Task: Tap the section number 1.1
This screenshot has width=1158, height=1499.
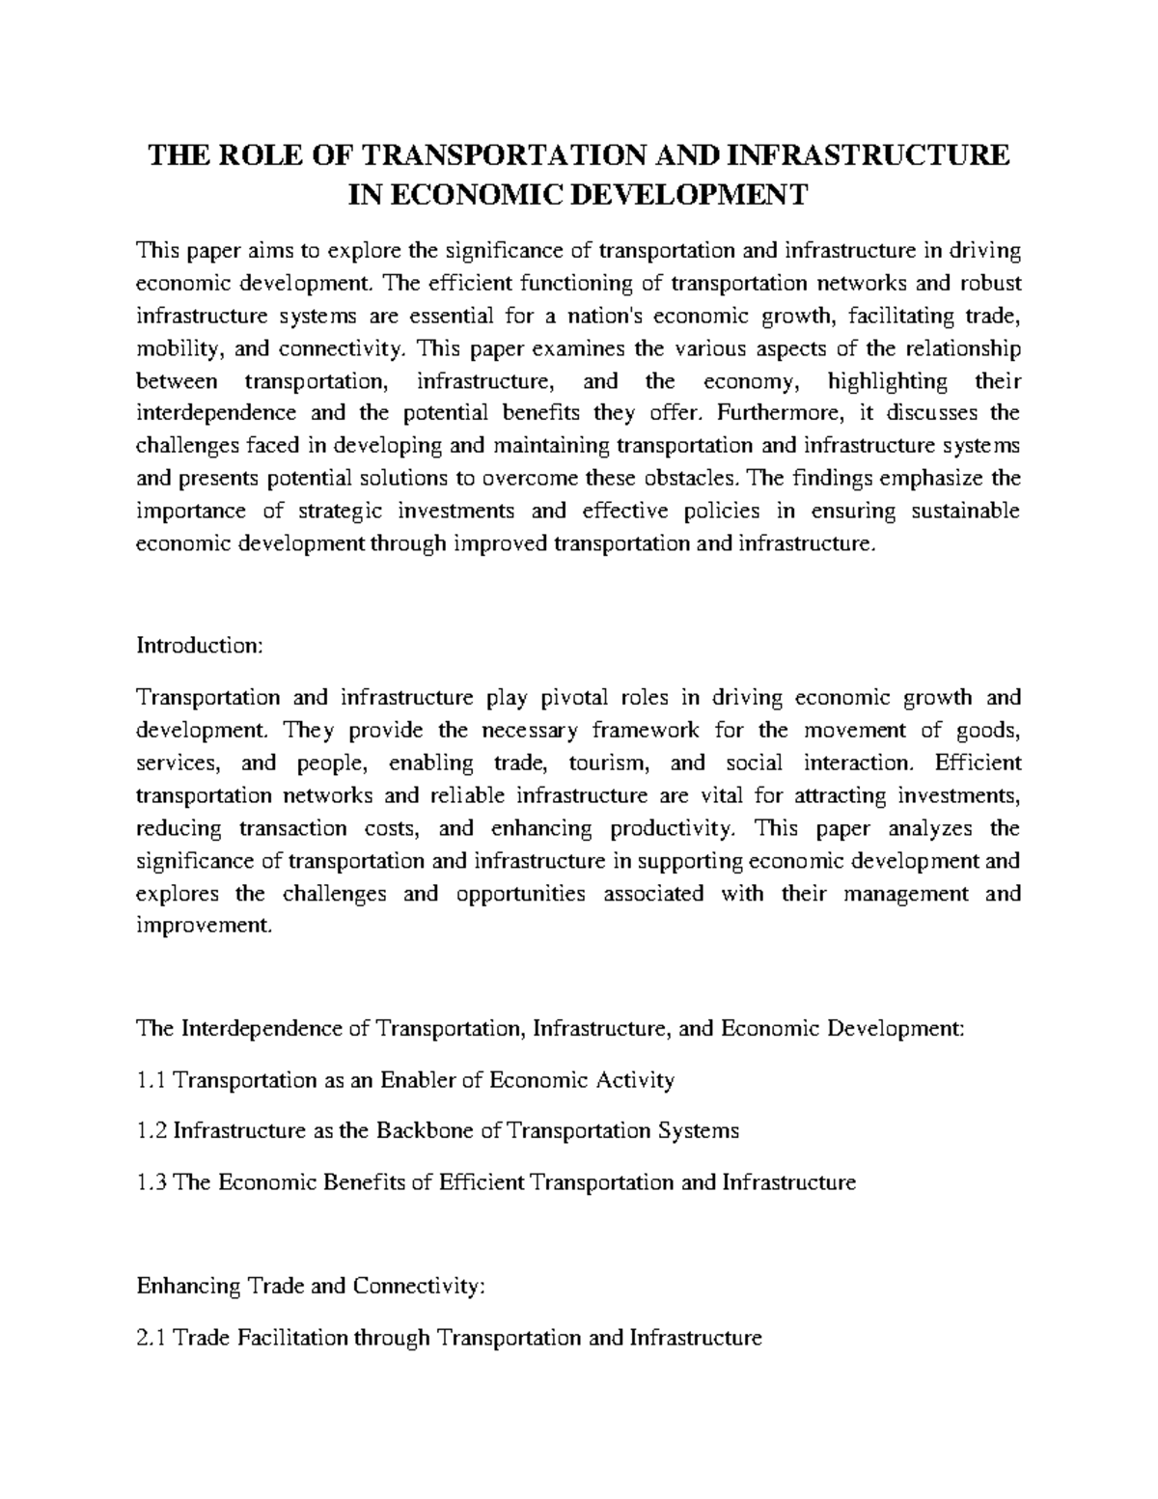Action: (x=152, y=1080)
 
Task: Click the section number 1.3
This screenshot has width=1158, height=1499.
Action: (x=152, y=1181)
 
